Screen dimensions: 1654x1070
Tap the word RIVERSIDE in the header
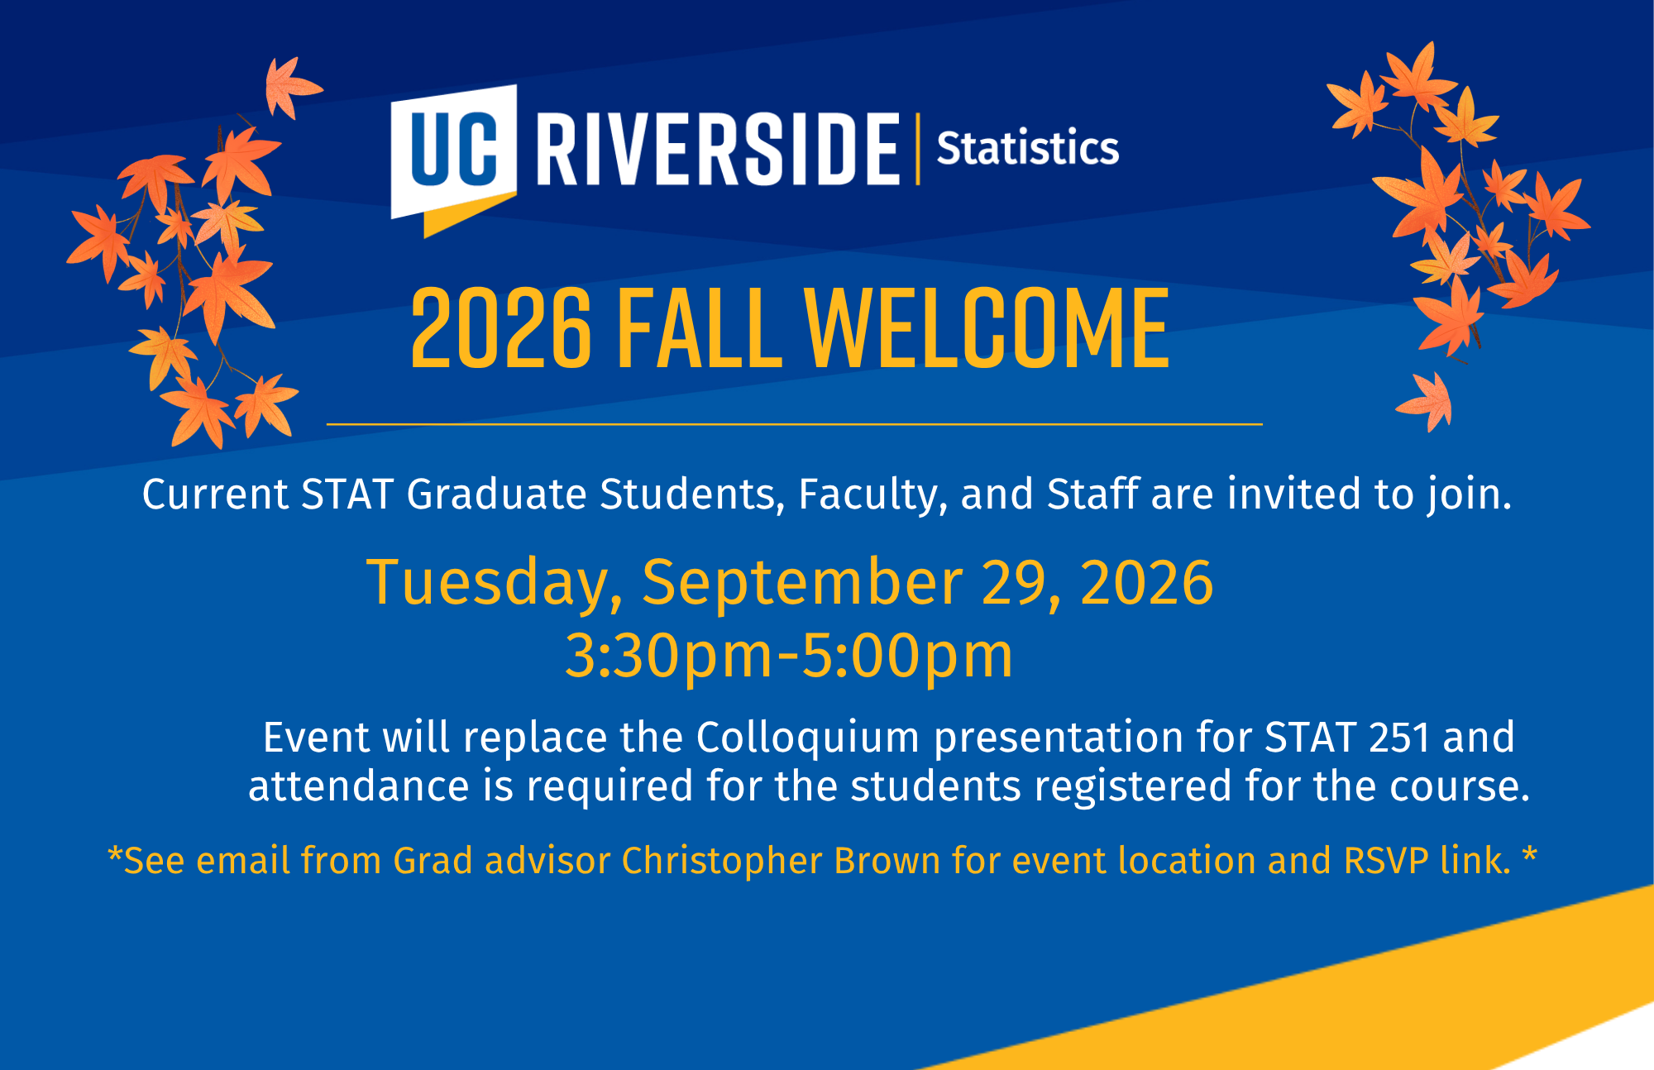pyautogui.click(x=717, y=150)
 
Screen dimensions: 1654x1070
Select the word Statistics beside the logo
pyautogui.click(x=1027, y=149)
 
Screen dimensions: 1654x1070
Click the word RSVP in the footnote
pyautogui.click(x=1386, y=861)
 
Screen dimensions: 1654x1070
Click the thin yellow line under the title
pyautogui.click(x=794, y=424)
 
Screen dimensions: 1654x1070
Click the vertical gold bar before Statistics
pyautogui.click(x=917, y=149)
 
